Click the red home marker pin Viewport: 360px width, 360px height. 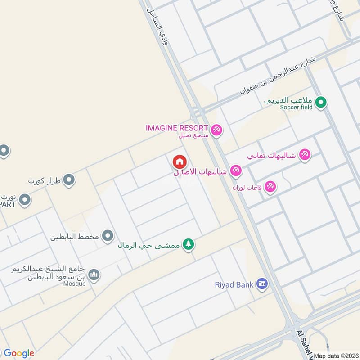click(179, 162)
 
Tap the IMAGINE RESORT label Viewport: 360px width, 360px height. click(177, 128)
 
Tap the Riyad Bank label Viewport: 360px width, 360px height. click(234, 284)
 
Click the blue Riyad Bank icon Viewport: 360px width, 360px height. click(262, 284)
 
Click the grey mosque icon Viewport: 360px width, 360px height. click(94, 274)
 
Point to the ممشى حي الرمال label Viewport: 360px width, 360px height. click(149, 245)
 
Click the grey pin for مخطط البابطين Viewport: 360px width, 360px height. click(108, 235)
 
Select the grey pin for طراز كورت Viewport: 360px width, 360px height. click(68, 180)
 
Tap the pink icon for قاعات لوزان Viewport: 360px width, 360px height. click(270, 186)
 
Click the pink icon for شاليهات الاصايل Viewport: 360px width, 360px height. click(236, 171)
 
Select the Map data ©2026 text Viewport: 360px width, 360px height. click(336, 355)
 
